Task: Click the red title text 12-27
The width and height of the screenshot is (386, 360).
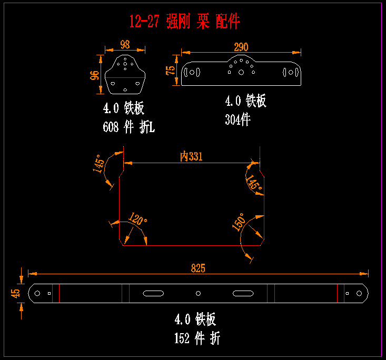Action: (x=144, y=22)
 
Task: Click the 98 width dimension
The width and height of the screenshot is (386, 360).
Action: (x=125, y=44)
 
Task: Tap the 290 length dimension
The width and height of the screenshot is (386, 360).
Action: (x=241, y=47)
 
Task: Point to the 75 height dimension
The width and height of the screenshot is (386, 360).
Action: (x=170, y=71)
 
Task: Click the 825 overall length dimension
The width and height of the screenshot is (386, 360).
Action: (x=197, y=268)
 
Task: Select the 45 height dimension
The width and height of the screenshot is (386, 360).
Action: (x=16, y=293)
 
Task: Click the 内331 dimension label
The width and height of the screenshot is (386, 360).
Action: (x=191, y=156)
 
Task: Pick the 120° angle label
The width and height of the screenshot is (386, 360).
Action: (x=137, y=219)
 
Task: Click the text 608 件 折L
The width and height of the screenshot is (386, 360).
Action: (x=129, y=127)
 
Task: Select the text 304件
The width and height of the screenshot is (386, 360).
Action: (x=237, y=119)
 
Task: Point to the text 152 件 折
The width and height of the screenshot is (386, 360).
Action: (x=197, y=338)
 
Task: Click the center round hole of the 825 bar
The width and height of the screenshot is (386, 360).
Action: (x=198, y=293)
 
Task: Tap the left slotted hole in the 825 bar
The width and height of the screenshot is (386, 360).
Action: (x=153, y=293)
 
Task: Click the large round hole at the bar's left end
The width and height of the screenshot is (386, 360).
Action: (x=38, y=293)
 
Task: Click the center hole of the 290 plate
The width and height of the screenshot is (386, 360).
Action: (x=241, y=73)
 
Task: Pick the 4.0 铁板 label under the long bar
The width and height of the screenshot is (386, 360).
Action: (x=195, y=319)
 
